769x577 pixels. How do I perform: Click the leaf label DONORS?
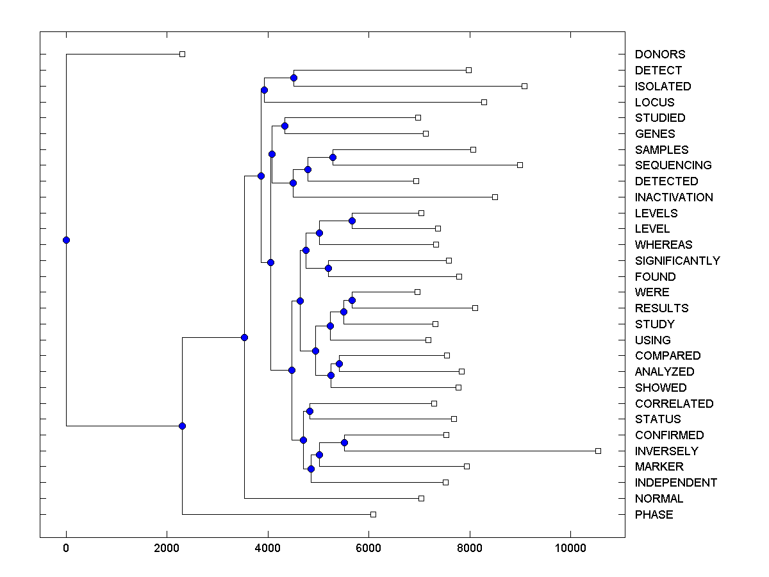click(659, 54)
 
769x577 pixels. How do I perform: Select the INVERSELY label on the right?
click(666, 451)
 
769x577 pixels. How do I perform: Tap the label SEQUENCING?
click(673, 165)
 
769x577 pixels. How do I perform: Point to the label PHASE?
click(654, 515)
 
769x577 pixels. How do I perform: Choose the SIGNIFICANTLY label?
click(677, 261)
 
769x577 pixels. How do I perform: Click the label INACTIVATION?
click(674, 197)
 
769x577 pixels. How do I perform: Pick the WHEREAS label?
click(663, 245)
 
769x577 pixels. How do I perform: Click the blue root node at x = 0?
click(66, 240)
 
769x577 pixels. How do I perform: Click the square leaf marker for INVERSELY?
click(598, 451)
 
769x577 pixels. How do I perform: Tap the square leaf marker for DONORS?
click(182, 54)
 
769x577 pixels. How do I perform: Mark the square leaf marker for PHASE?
click(373, 514)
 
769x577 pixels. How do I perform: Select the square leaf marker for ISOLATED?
click(524, 86)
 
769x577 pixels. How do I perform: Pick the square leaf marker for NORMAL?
click(421, 498)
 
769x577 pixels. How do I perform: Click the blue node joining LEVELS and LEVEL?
click(352, 221)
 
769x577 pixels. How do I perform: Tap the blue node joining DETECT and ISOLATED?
click(294, 78)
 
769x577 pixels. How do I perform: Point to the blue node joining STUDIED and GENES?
click(285, 126)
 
